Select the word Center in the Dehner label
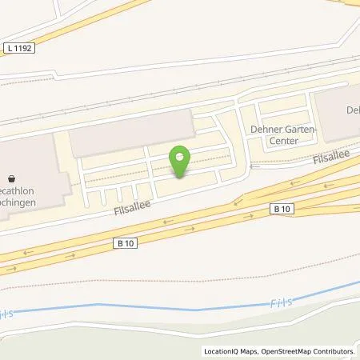(x=284, y=141)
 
